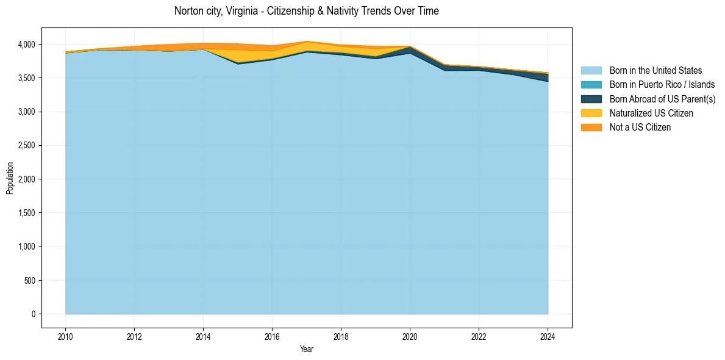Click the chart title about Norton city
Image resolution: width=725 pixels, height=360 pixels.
click(x=306, y=11)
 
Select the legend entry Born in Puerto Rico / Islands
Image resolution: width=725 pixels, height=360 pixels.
click(x=662, y=85)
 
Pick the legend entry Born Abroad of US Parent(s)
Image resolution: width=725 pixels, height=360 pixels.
click(x=662, y=99)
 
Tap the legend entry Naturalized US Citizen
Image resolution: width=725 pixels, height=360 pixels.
click(x=651, y=113)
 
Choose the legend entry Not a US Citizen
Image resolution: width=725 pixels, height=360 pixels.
click(x=640, y=127)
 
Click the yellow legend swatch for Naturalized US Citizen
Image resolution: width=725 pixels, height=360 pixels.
click(x=591, y=113)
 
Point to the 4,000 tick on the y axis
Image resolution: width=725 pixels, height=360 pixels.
click(x=29, y=45)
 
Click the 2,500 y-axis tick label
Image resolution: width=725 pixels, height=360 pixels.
click(x=29, y=146)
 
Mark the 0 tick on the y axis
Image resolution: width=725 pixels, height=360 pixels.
click(x=34, y=314)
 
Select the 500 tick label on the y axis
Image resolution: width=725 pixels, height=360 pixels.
click(x=30, y=281)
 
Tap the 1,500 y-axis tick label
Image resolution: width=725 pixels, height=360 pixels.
click(x=29, y=213)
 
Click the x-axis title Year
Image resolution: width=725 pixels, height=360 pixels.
click(x=307, y=349)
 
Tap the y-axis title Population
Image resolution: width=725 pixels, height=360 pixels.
click(x=10, y=178)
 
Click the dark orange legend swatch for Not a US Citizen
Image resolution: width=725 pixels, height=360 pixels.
click(x=591, y=127)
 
